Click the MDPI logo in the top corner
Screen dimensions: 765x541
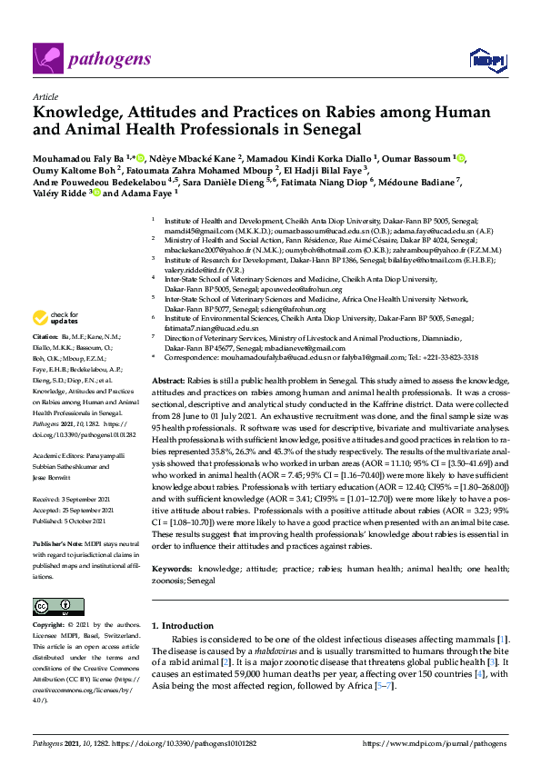486,60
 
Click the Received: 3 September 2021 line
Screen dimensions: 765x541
71,498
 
